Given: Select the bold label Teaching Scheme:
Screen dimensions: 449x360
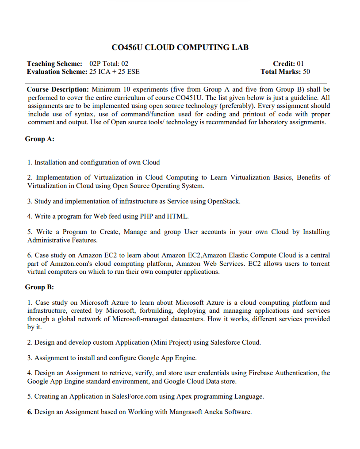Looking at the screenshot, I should pyautogui.click(x=54, y=64).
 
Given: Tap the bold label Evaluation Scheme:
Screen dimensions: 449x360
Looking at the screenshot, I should pyautogui.click(x=57, y=71).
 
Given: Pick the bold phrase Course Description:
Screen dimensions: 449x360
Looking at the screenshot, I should pyautogui.click(x=58, y=90).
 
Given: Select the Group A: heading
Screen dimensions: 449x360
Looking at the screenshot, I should pyautogui.click(x=40, y=139).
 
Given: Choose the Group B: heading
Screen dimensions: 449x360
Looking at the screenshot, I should pyautogui.click(x=40, y=287).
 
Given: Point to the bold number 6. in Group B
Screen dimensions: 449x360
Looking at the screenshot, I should pyautogui.click(x=30, y=412).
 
